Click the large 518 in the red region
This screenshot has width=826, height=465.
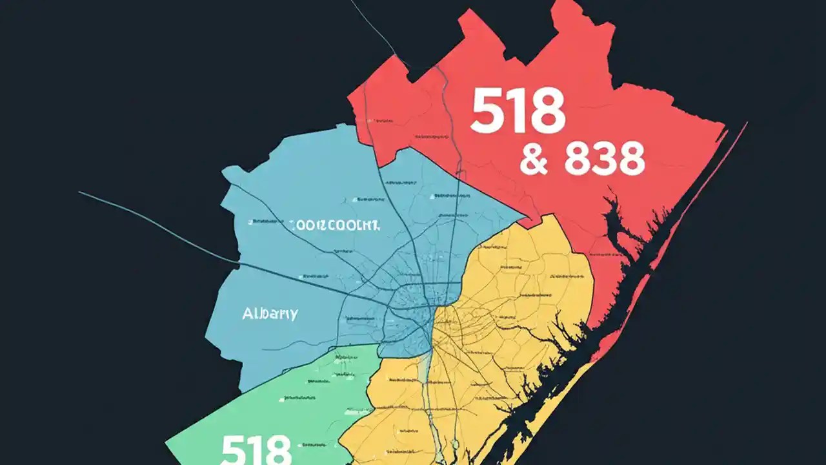coord(518,111)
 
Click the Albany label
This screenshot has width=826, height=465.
coord(270,314)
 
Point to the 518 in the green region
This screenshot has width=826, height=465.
coord(256,450)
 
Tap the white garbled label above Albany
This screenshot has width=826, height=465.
coord(334,225)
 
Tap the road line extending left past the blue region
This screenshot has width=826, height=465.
coord(148,220)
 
